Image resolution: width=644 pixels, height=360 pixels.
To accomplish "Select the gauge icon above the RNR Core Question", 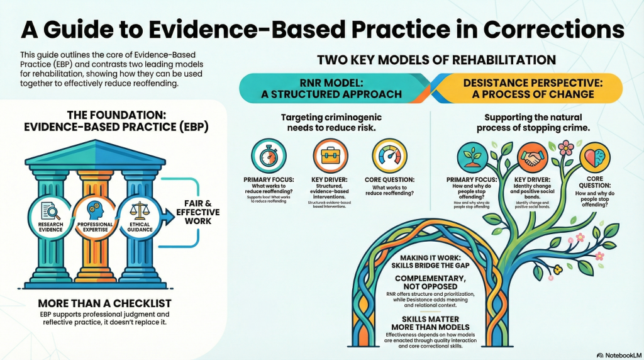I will [390, 156].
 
